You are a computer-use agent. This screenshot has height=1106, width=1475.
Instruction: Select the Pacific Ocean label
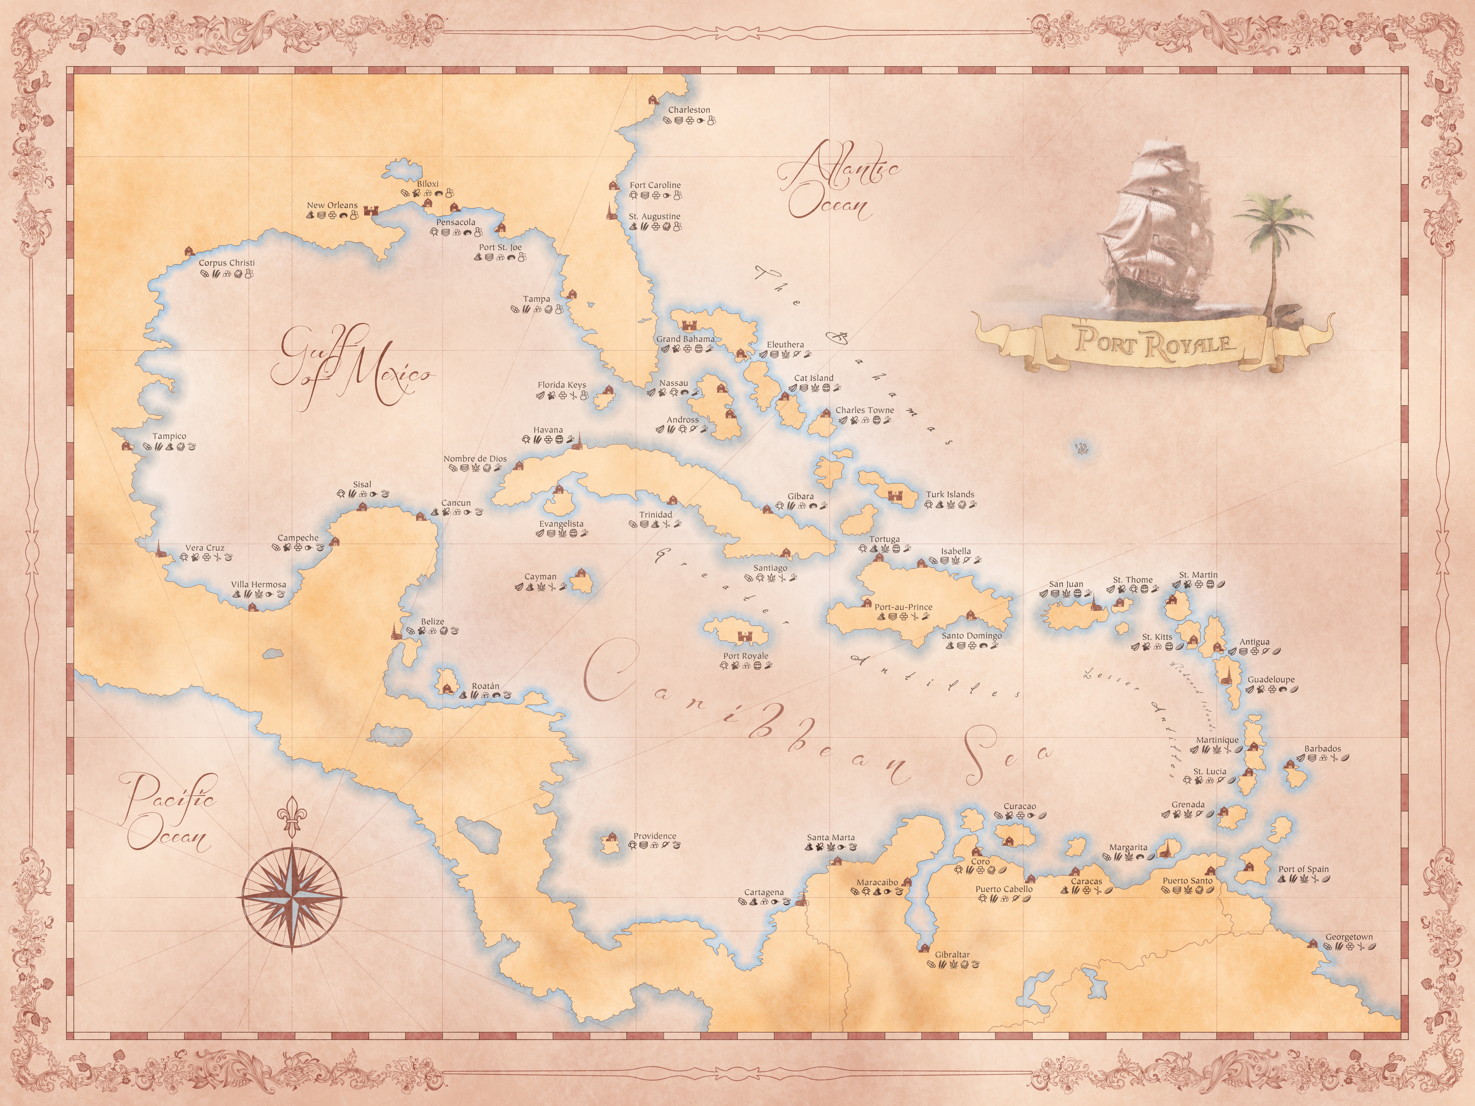click(170, 813)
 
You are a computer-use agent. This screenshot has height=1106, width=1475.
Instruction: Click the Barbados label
click(1322, 749)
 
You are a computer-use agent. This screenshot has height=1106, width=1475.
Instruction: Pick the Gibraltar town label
click(952, 955)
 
